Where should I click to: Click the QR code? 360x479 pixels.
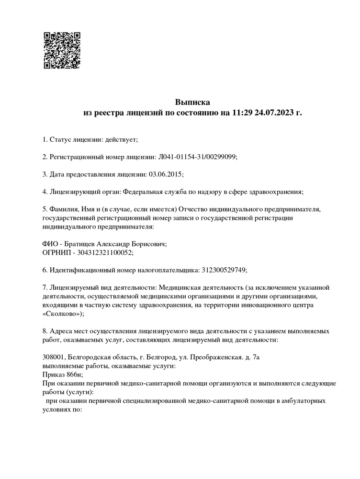[62, 50]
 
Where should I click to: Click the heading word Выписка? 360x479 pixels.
[192, 102]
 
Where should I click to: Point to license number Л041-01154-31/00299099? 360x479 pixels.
[197, 157]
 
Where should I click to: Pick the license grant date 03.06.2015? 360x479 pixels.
[166, 174]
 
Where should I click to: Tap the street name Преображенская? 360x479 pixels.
[214, 357]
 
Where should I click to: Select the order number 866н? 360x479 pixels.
[74, 374]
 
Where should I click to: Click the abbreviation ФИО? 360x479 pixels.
[50, 244]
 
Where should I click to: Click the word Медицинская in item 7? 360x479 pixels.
[176, 287]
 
